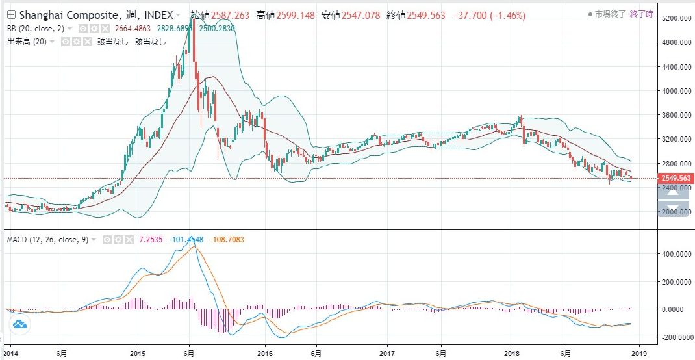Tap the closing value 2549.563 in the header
[427, 14]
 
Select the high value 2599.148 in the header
[296, 14]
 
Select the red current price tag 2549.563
[674, 178]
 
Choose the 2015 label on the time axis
[138, 353]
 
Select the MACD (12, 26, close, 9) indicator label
[47, 240]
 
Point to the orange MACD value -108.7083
[227, 240]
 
